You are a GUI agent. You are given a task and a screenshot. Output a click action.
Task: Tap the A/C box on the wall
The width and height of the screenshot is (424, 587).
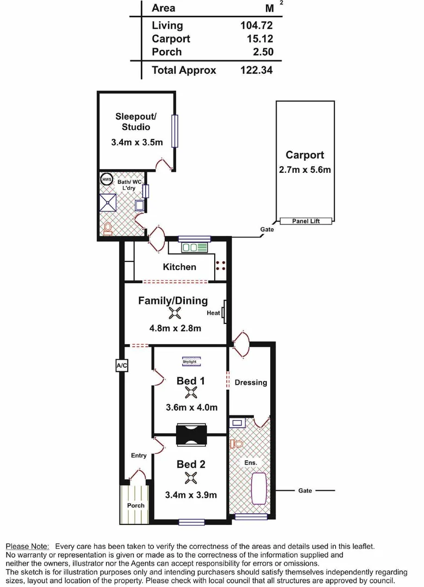point(121,366)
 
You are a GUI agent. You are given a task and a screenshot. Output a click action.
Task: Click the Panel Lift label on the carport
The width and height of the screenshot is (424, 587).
point(307,221)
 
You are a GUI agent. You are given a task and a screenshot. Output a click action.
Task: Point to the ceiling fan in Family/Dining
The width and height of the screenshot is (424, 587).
point(174,313)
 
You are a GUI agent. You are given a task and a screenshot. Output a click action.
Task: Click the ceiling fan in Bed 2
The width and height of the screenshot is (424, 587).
point(190,478)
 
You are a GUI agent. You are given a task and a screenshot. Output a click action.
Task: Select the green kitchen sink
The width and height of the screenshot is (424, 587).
point(195,248)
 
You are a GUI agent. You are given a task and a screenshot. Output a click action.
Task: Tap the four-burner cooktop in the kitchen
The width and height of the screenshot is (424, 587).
point(221,266)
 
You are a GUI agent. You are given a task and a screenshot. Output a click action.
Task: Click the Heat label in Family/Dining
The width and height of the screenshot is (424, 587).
point(213,313)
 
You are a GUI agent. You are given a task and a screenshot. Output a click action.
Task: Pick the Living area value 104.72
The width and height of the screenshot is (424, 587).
point(256,26)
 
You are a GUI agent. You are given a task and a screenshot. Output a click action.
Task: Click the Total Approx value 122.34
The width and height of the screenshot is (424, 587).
point(256,70)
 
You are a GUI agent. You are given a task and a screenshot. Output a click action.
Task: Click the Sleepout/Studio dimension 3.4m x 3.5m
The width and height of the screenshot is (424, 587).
point(136,143)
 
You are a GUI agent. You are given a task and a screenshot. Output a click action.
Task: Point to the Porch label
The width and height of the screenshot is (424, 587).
point(136,505)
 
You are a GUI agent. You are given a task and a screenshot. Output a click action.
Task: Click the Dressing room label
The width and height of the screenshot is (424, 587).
point(251,382)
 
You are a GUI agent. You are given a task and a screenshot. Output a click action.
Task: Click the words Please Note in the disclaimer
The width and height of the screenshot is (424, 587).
point(27,546)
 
